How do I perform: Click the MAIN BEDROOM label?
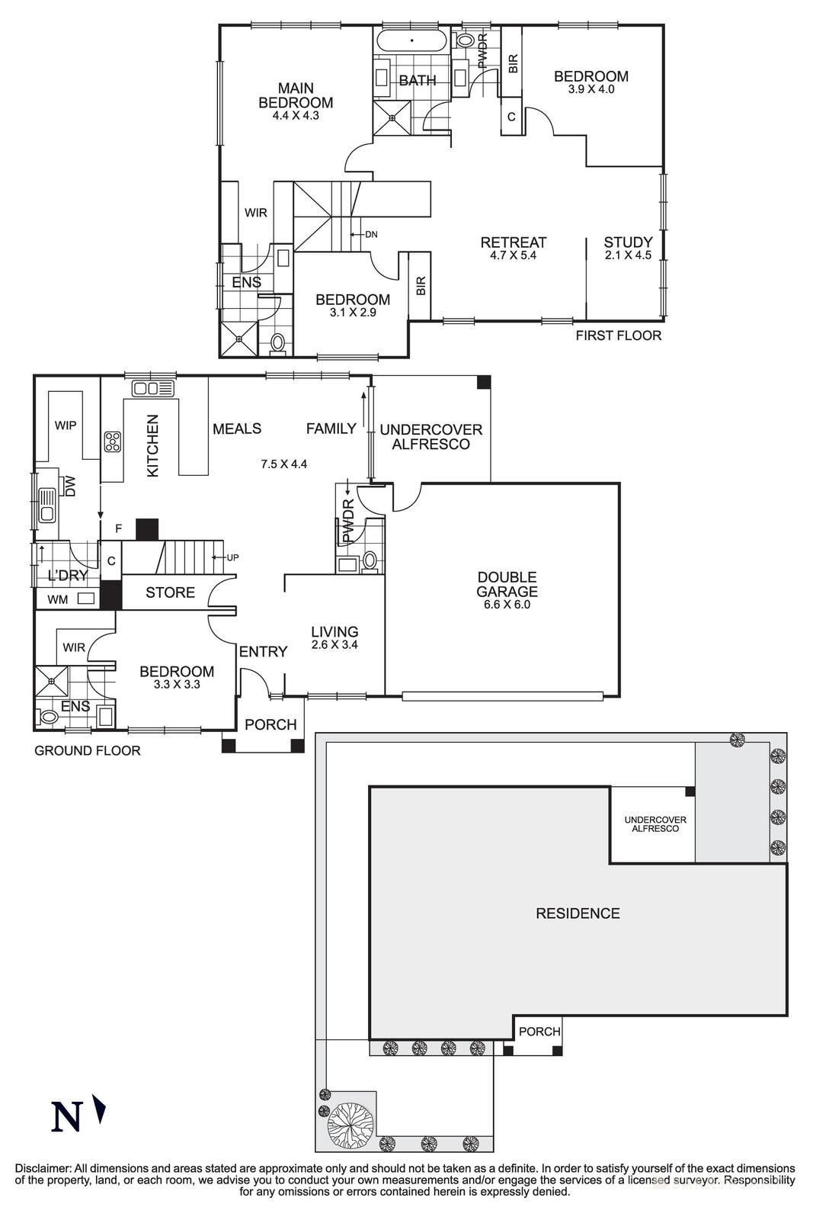click(296, 96)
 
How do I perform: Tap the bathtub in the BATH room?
click(411, 40)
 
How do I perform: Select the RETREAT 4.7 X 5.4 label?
click(513, 249)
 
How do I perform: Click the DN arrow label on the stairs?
click(370, 234)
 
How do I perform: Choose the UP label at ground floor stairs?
click(232, 557)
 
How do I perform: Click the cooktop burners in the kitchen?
click(113, 441)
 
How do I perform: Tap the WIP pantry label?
click(66, 425)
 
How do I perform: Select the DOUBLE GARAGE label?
click(507, 585)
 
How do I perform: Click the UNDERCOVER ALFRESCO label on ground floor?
click(431, 436)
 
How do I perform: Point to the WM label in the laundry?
click(57, 599)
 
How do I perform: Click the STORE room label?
click(170, 592)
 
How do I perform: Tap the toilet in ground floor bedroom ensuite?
click(48, 717)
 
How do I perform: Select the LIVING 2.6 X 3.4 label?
click(334, 637)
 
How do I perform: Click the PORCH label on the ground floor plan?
click(270, 724)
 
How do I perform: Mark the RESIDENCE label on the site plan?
click(578, 913)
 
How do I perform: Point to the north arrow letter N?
click(66, 1117)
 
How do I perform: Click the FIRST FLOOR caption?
click(618, 335)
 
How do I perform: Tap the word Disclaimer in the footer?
click(43, 1169)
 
